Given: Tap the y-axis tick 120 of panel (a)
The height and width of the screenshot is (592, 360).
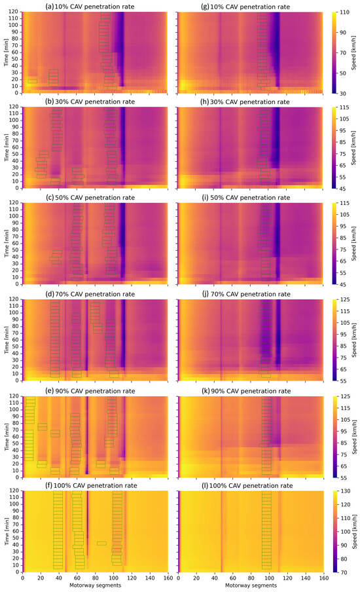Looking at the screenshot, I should point(16,12).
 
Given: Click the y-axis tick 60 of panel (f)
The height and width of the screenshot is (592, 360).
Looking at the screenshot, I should point(17,532).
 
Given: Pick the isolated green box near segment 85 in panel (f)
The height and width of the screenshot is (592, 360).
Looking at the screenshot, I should point(101,543).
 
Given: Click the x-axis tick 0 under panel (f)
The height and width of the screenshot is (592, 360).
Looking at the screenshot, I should point(23,579).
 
